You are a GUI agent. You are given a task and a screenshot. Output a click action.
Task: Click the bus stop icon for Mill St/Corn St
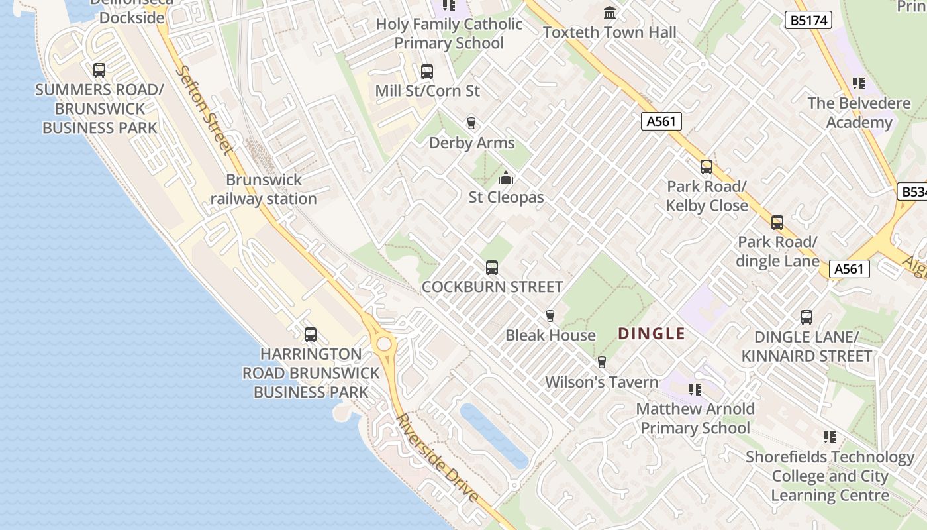427,71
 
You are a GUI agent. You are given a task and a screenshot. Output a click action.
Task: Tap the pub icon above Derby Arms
471,123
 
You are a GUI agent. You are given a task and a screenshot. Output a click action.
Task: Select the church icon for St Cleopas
506,178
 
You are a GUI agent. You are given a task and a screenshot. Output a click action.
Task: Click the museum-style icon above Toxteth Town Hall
610,13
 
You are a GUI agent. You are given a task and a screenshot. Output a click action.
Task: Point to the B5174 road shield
808,21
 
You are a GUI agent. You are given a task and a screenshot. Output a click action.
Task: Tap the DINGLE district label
652,333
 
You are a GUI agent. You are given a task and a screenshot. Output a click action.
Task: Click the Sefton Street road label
205,110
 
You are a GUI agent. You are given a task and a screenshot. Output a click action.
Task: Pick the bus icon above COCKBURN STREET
491,268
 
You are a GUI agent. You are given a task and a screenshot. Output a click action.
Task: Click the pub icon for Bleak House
550,315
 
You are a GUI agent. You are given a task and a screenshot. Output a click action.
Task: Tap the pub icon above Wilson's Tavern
601,362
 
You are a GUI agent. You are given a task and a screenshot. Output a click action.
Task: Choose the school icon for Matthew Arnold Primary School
695,389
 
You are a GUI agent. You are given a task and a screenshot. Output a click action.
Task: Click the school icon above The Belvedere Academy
859,83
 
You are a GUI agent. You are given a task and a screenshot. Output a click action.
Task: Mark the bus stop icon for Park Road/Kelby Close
707,167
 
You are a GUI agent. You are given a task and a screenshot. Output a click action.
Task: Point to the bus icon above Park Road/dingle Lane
777,223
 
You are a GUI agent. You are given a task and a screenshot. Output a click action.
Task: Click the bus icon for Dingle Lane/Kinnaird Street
806,317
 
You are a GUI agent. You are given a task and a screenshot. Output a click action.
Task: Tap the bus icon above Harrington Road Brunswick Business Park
311,335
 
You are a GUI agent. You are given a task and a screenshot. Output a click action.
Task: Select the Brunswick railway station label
264,189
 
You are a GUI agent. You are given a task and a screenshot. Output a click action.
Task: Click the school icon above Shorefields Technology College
829,437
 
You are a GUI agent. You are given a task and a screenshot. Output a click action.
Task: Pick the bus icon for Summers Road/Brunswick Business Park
99,70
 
